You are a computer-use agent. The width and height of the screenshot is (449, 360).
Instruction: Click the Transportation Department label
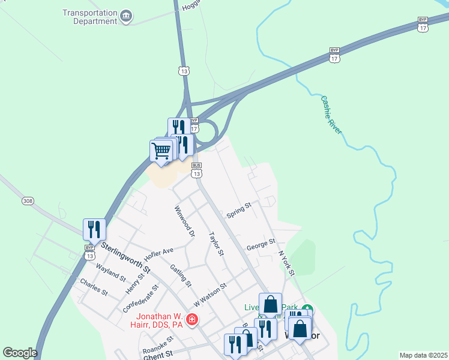point(90,17)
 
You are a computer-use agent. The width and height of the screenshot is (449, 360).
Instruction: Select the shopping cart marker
point(161,151)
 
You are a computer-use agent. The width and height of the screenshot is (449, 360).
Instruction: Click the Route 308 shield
point(27,200)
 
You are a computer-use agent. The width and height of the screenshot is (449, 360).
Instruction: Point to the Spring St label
point(238,211)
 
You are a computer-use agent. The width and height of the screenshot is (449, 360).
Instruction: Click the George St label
point(261,245)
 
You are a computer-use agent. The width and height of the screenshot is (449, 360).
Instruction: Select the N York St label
point(286,263)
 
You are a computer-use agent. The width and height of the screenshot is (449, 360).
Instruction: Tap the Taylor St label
point(216,244)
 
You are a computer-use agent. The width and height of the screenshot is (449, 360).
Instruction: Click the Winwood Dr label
point(185,221)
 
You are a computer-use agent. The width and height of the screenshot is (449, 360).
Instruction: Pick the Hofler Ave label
point(158,252)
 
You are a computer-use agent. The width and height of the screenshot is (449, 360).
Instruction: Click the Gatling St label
point(180,275)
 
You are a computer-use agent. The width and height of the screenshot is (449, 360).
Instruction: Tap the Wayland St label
point(111,274)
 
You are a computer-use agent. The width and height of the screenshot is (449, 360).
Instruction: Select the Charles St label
point(94,287)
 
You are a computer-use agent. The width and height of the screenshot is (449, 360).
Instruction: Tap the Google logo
point(20,353)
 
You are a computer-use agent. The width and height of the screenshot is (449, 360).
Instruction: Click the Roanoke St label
point(157,348)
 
